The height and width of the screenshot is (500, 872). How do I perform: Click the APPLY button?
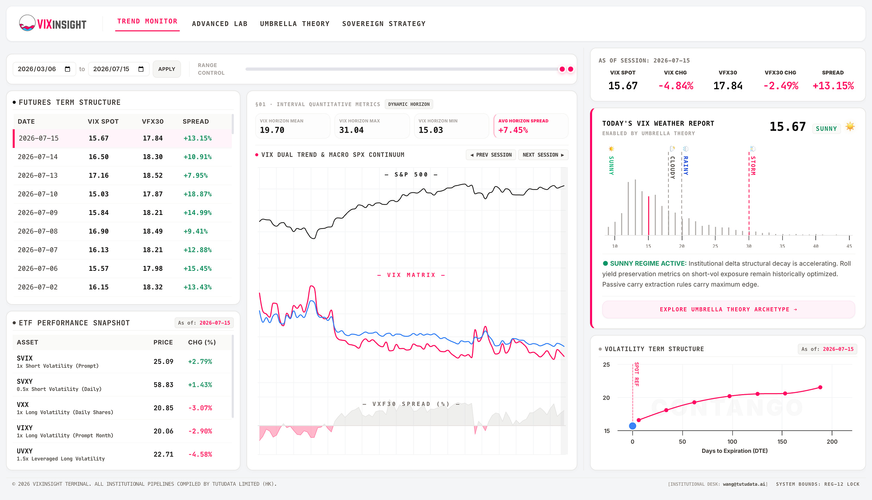click(x=167, y=69)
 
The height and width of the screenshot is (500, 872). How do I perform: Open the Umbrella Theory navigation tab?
click(x=295, y=24)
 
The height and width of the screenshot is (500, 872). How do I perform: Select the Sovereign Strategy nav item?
click(x=384, y=24)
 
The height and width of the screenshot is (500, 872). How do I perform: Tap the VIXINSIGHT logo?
click(x=53, y=24)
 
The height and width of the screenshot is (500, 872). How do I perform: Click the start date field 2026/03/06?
click(x=44, y=69)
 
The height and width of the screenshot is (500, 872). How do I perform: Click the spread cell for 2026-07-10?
click(x=198, y=194)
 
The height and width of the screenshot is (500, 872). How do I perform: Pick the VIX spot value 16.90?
click(x=99, y=231)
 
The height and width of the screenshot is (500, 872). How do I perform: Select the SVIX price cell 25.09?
click(x=163, y=361)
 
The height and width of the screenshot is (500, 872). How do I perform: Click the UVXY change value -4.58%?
click(x=200, y=454)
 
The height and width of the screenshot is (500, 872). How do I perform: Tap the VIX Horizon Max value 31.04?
click(x=351, y=130)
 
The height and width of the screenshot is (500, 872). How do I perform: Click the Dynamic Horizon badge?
click(x=409, y=104)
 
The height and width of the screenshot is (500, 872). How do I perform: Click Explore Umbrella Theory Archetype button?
click(x=728, y=309)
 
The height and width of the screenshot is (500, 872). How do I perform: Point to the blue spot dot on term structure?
click(x=633, y=426)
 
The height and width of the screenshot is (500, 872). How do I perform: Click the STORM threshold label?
click(x=753, y=166)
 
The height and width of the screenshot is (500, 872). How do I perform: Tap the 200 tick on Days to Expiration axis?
click(x=832, y=442)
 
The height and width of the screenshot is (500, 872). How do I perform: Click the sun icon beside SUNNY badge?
click(x=850, y=126)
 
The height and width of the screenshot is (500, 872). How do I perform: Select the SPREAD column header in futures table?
click(x=196, y=122)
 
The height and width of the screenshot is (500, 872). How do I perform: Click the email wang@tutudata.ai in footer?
click(x=744, y=484)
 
